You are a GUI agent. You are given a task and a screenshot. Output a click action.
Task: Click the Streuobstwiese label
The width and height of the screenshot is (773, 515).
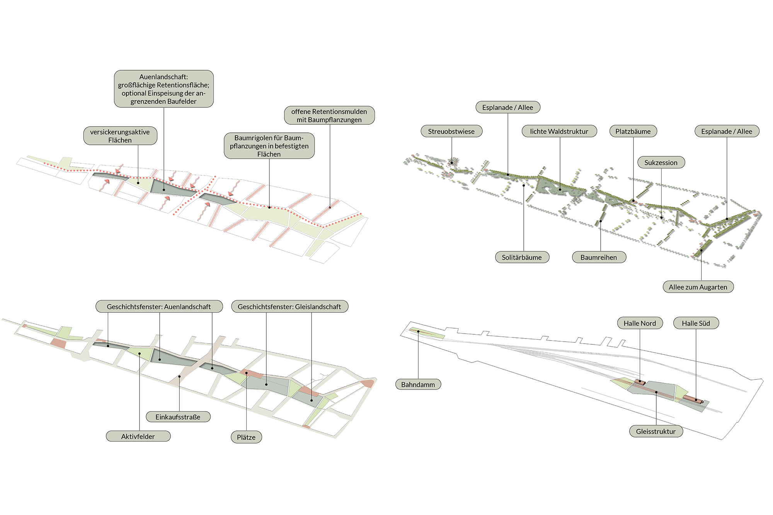pyautogui.click(x=451, y=131)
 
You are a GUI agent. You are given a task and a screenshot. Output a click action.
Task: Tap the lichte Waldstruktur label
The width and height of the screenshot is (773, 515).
pyautogui.click(x=559, y=131)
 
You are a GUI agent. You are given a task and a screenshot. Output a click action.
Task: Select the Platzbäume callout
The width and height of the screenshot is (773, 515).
pyautogui.click(x=633, y=131)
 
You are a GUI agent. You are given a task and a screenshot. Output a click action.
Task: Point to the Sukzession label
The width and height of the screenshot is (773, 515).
pyautogui.click(x=661, y=163)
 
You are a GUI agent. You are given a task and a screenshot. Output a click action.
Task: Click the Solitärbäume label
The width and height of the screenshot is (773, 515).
pyautogui.click(x=522, y=257)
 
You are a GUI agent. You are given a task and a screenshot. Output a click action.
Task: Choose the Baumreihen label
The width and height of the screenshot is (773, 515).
pyautogui.click(x=599, y=257)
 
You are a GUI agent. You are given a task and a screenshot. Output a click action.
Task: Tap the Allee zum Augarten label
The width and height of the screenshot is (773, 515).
pyautogui.click(x=698, y=287)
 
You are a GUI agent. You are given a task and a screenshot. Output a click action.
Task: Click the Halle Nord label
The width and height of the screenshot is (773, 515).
pyautogui.click(x=640, y=323)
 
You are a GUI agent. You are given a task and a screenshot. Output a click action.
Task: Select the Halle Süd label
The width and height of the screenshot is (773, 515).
pyautogui.click(x=696, y=323)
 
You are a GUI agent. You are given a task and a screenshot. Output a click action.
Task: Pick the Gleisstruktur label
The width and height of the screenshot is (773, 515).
pyautogui.click(x=656, y=431)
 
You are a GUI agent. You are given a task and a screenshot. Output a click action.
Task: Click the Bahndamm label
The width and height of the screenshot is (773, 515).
pyautogui.click(x=418, y=384)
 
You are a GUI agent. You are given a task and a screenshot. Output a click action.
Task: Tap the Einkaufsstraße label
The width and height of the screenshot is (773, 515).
pyautogui.click(x=178, y=417)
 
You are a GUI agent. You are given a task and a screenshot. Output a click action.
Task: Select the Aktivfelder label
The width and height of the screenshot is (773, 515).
pyautogui.click(x=138, y=436)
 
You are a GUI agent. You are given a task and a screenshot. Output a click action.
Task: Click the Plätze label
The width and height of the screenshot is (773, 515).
pyautogui.click(x=246, y=437)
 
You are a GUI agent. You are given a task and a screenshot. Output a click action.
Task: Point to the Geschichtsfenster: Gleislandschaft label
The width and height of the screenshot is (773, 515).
pyautogui.click(x=289, y=307)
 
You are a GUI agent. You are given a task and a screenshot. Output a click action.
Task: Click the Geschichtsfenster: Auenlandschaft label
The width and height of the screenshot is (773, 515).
pyautogui.click(x=159, y=307)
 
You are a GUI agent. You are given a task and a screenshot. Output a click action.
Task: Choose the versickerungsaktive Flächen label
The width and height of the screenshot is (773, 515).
pyautogui.click(x=120, y=136)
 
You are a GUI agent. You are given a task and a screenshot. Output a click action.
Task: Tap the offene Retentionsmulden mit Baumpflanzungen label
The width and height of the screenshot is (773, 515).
pyautogui.click(x=329, y=115)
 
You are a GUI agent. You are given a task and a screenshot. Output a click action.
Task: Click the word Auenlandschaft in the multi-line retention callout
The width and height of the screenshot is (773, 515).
pyautogui.click(x=163, y=77)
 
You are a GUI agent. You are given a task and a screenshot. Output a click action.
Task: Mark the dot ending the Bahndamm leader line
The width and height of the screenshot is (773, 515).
pyautogui.click(x=418, y=331)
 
